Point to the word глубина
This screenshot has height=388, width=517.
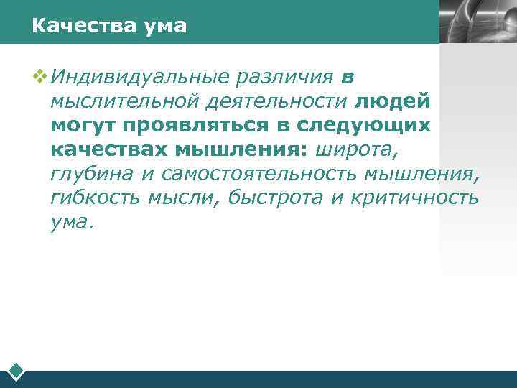pos(91,175)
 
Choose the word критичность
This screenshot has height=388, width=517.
pos(415,199)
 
